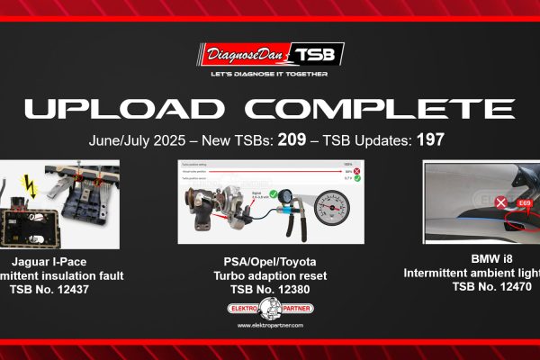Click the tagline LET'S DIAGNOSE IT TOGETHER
click(x=269, y=74)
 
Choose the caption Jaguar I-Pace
click(x=56, y=261)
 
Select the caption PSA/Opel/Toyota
click(x=269, y=261)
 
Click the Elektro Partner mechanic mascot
click(x=269, y=309)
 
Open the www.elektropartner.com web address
click(x=269, y=326)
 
